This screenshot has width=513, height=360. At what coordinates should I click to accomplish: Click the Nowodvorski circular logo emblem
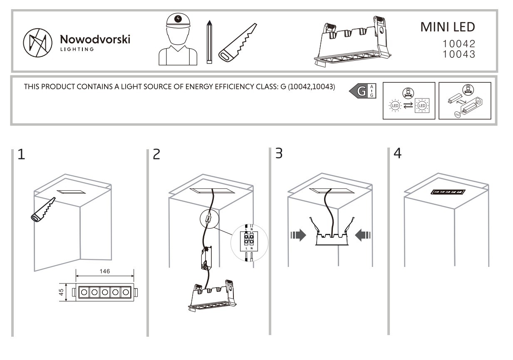[37, 42]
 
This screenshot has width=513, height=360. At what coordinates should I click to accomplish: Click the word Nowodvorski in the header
[95, 39]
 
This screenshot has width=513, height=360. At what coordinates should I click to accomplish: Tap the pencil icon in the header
[209, 42]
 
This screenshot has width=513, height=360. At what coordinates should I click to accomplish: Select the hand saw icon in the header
[238, 43]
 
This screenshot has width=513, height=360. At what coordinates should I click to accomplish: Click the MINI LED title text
[447, 27]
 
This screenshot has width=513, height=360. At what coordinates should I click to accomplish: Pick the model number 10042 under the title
[458, 44]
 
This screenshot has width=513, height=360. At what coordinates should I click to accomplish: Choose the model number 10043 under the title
[458, 54]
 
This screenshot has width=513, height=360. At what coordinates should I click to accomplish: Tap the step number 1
[21, 155]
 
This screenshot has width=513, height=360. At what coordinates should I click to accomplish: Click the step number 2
[156, 155]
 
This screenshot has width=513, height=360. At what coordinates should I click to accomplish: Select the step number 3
[279, 153]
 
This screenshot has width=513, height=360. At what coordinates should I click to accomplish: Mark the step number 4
[397, 153]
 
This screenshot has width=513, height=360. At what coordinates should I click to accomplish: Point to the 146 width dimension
[104, 271]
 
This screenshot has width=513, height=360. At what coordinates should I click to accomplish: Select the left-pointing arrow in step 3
[363, 235]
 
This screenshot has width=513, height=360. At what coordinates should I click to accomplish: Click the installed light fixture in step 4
[448, 192]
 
